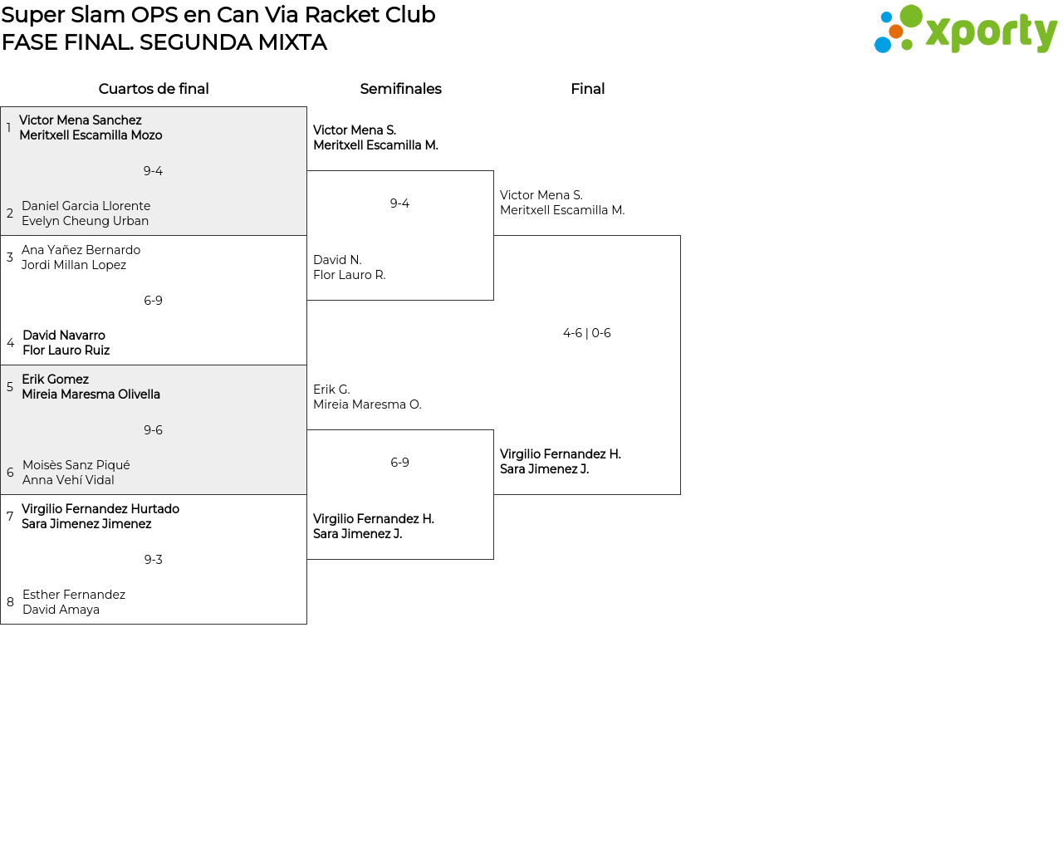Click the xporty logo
[x=965, y=30]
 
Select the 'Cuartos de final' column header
[x=154, y=89]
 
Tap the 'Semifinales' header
[x=400, y=89]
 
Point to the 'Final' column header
[x=587, y=89]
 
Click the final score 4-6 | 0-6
[x=586, y=333]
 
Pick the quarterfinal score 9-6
[x=153, y=430]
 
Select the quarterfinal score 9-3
[x=153, y=560]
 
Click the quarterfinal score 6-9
[x=153, y=301]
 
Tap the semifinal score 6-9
[x=399, y=463]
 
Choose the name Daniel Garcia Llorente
[x=86, y=206]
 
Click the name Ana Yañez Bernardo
[x=81, y=250]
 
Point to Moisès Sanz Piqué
[x=76, y=465]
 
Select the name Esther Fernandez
[x=74, y=595]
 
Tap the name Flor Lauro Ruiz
[x=66, y=350]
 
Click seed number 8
[x=10, y=602]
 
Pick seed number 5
[x=10, y=387]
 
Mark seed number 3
[x=10, y=257]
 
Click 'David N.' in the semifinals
[x=337, y=260]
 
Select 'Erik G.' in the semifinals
[x=331, y=390]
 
